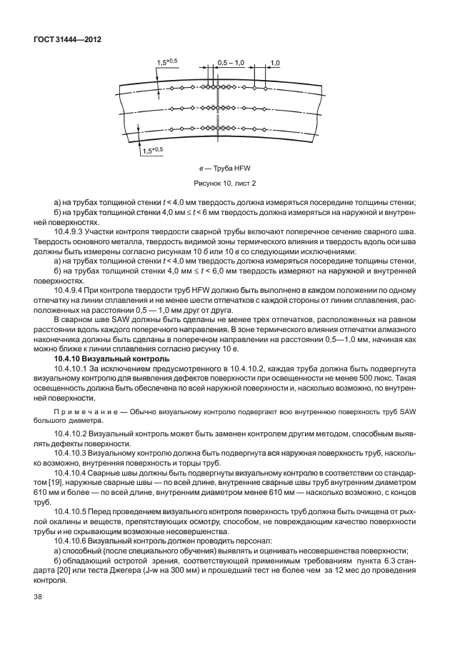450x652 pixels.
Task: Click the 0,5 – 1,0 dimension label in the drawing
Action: [x=231, y=63]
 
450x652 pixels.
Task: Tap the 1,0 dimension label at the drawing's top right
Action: [x=275, y=63]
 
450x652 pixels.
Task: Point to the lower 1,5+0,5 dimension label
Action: [x=153, y=150]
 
